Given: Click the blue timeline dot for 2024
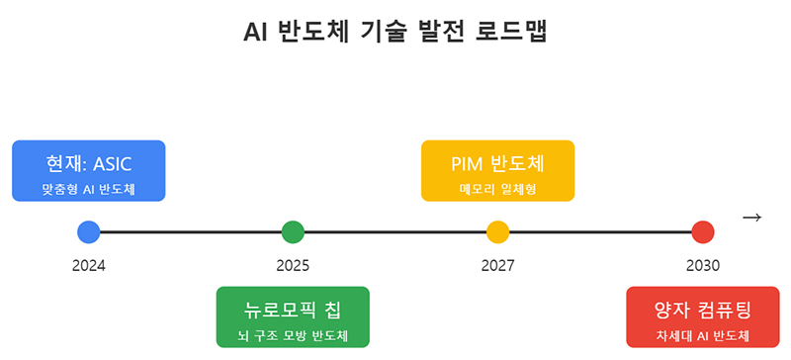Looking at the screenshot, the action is pos(88,232).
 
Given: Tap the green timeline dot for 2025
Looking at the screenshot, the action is pos(293,232).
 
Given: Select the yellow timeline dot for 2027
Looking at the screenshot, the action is pos(497,232).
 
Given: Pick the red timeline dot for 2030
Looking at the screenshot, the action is pos(702,232).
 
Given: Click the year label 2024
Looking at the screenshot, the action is pos(88,265).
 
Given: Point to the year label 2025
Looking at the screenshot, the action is pos(293,265).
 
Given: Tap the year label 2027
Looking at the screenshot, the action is pos(497,265).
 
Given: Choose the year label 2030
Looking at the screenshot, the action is pos(702,265).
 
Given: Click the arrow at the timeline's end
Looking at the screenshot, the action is pos(751,218).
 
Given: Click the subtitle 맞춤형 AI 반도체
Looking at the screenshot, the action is pos(88,187).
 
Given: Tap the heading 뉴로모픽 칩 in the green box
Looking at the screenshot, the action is pos(293,309).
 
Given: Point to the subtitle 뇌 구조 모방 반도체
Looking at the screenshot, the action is pos(293,334).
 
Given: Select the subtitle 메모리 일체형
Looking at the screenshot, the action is pos(497,187).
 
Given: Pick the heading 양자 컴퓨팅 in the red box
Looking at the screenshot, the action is pos(702,309).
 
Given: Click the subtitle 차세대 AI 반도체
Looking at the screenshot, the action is pos(702,334).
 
